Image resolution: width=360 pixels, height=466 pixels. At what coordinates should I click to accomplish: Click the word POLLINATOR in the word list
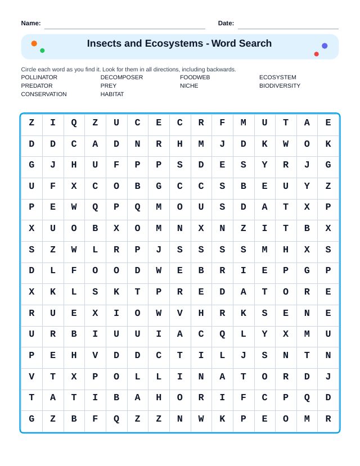pyautogui.click(x=39, y=78)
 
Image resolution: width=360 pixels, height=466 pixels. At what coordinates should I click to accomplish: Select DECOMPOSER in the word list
pyautogui.click(x=121, y=78)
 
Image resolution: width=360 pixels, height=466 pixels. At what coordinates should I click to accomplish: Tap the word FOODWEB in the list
pyautogui.click(x=195, y=78)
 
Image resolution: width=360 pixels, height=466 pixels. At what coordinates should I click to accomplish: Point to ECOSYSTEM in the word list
pyautogui.click(x=277, y=78)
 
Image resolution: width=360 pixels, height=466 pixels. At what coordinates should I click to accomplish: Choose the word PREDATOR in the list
pyautogui.click(x=37, y=86)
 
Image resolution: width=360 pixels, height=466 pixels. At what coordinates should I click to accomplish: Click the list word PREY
pyautogui.click(x=109, y=86)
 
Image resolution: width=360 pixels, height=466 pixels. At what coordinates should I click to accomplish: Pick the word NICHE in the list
pyautogui.click(x=189, y=86)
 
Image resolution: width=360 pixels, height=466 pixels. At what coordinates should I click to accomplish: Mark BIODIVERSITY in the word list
pyautogui.click(x=280, y=86)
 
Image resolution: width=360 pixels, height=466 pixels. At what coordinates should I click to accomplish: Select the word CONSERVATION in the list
pyautogui.click(x=44, y=94)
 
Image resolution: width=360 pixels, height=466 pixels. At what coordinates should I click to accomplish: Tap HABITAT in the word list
pyautogui.click(x=112, y=94)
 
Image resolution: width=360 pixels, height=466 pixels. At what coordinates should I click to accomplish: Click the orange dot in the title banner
pyautogui.click(x=34, y=43)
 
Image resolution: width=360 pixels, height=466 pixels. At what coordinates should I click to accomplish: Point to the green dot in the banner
pyautogui.click(x=42, y=51)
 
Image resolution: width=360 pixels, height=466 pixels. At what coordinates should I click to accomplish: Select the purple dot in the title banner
pyautogui.click(x=325, y=46)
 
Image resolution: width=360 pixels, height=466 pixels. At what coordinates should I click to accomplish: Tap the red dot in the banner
pyautogui.click(x=316, y=54)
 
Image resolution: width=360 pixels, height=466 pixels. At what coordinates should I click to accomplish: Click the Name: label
pyautogui.click(x=31, y=23)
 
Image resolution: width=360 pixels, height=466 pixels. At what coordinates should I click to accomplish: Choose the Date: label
pyautogui.click(x=226, y=23)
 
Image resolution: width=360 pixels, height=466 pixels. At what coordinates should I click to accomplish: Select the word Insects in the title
pyautogui.click(x=105, y=44)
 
